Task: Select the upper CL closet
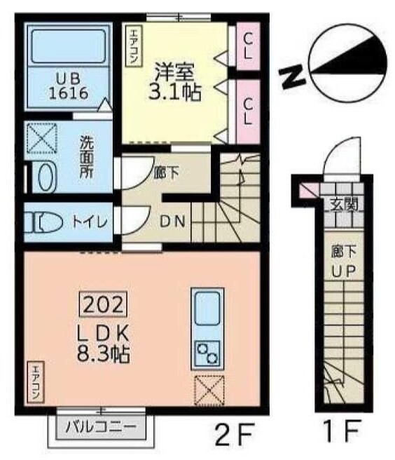tap(248, 46)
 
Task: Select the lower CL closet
tap(248, 109)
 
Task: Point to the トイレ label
tap(90, 222)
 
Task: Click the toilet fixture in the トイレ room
tap(43, 222)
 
